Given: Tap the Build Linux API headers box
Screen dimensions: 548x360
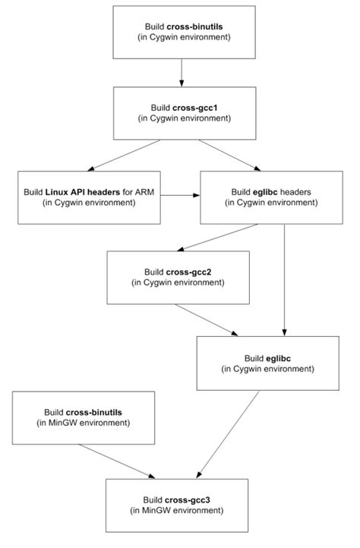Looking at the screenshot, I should click(90, 197).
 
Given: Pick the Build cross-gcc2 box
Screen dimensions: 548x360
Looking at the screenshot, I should click(179, 279).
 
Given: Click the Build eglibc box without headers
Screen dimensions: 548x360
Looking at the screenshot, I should click(268, 362).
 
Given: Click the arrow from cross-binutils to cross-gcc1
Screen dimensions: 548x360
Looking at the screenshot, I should click(181, 73).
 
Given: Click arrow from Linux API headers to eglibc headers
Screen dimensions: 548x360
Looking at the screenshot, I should click(180, 196).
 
